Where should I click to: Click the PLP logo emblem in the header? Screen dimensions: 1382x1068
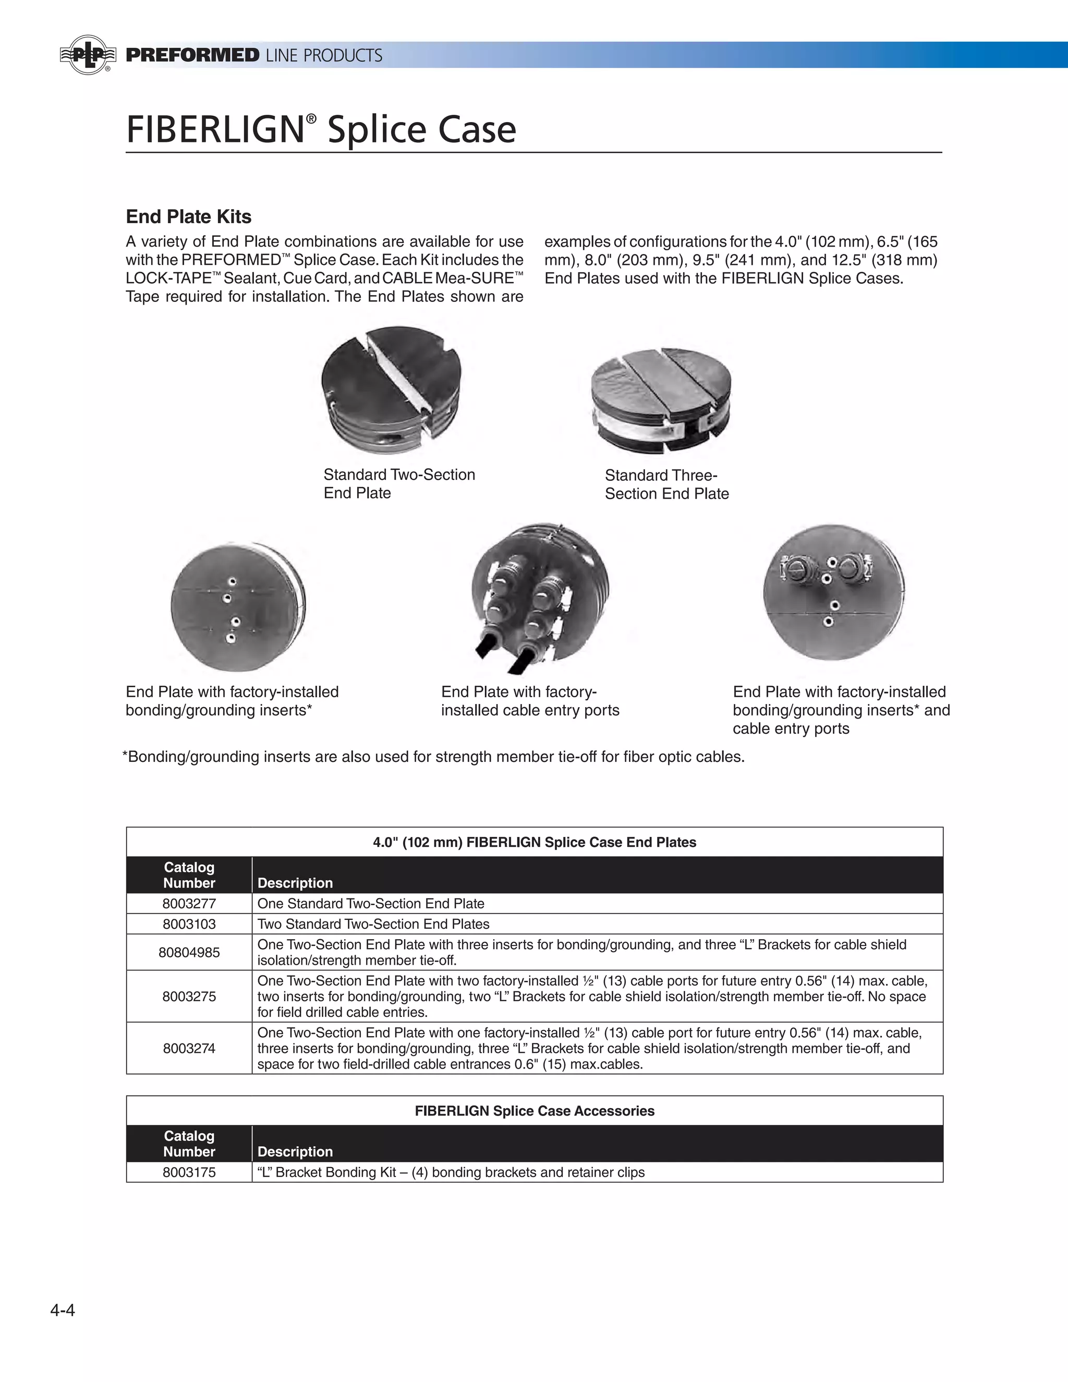(88, 55)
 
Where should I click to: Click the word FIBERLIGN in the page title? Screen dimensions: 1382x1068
(215, 129)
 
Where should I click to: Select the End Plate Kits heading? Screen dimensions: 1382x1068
(189, 217)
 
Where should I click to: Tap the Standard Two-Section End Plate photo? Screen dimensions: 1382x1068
(391, 389)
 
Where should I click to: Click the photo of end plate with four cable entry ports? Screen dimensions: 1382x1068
(540, 595)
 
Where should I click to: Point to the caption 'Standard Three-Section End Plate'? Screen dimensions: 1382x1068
(666, 484)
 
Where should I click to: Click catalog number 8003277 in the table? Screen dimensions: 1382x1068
(189, 904)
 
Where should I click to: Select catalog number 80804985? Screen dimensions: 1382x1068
(189, 952)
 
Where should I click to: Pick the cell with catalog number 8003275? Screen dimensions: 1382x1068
(189, 997)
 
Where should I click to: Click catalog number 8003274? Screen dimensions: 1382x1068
(189, 1049)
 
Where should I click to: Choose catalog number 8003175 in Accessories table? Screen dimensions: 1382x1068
(189, 1172)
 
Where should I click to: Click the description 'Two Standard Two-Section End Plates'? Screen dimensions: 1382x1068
(373, 924)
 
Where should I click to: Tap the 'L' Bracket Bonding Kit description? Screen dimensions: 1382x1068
(451, 1172)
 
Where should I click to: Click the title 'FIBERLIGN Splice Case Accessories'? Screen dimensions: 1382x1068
(535, 1111)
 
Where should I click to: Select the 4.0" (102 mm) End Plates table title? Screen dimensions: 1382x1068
(535, 842)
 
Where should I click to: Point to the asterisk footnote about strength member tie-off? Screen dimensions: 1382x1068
(434, 757)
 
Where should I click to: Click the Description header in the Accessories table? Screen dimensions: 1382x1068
(295, 1151)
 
